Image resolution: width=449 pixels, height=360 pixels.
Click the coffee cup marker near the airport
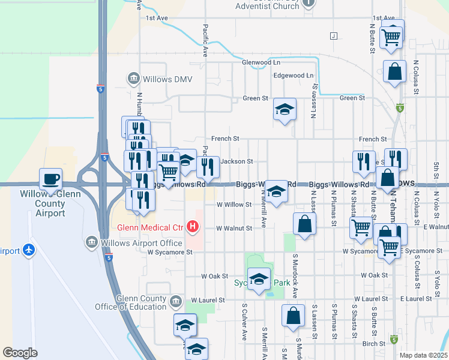[51, 179]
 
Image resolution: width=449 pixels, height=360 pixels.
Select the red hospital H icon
[193, 226]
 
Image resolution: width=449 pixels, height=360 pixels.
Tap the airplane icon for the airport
[28, 250]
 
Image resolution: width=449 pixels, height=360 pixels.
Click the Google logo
[20, 353]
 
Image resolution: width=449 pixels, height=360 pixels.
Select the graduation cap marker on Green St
[285, 110]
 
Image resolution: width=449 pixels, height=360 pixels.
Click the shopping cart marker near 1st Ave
[391, 38]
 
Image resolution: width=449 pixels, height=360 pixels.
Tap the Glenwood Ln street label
[261, 62]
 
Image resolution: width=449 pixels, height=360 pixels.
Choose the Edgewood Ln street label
[294, 76]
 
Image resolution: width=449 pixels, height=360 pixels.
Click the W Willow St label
[234, 205]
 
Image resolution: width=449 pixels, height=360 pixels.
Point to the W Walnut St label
[234, 228]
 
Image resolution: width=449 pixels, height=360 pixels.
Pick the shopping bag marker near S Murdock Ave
[292, 317]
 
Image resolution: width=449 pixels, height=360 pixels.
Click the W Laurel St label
[208, 299]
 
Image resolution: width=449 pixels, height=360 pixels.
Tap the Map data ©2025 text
[423, 355]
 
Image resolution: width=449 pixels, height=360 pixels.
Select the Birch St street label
[373, 343]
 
